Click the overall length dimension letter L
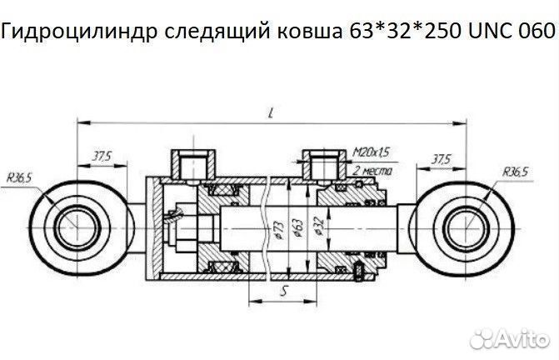point(272,114)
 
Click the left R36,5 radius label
point(18,177)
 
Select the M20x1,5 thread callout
point(371,152)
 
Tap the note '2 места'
point(373,169)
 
